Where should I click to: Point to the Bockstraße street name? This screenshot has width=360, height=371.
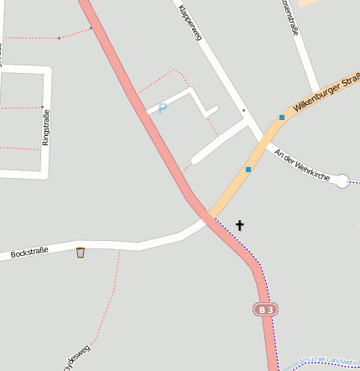[29, 251]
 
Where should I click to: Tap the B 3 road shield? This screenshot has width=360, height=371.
[265, 310]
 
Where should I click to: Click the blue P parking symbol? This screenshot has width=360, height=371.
[163, 107]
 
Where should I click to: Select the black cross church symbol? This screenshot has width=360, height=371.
[240, 225]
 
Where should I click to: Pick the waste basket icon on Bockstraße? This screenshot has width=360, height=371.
[81, 252]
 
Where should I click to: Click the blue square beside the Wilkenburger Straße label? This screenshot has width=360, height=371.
[282, 118]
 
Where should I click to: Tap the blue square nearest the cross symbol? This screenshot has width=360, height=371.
[248, 170]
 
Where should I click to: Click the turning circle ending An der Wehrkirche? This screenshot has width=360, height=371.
[342, 180]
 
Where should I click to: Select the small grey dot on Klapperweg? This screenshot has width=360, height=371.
[243, 110]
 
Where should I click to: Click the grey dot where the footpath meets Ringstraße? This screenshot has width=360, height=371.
[42, 107]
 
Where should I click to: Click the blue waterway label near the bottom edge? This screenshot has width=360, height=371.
[329, 360]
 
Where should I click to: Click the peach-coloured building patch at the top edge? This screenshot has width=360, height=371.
[311, 3]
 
